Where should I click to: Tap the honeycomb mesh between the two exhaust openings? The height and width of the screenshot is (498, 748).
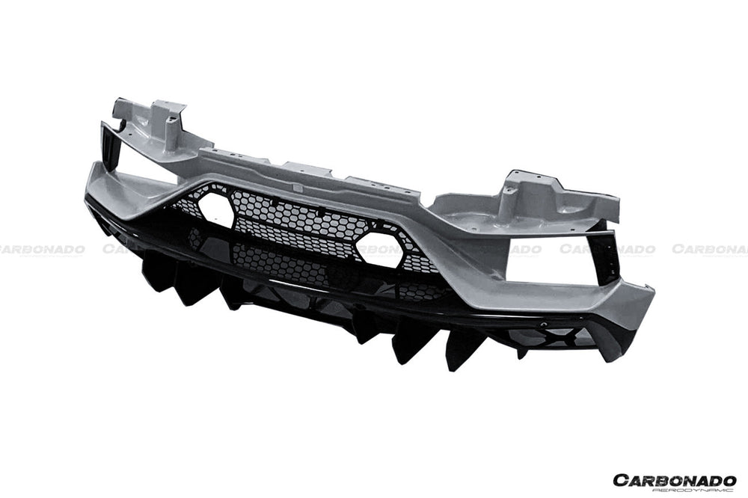299,221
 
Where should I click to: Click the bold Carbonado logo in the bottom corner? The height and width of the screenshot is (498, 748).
674,479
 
